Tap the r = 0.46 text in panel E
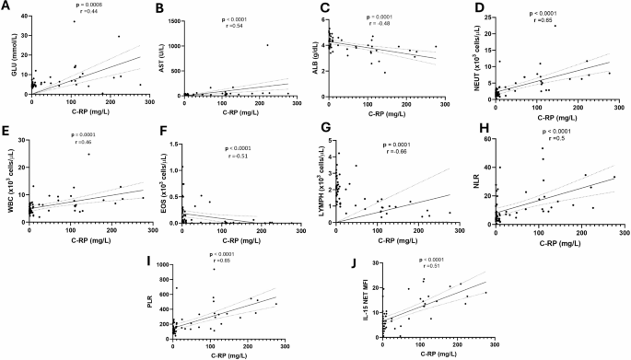86,145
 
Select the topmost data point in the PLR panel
214,269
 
